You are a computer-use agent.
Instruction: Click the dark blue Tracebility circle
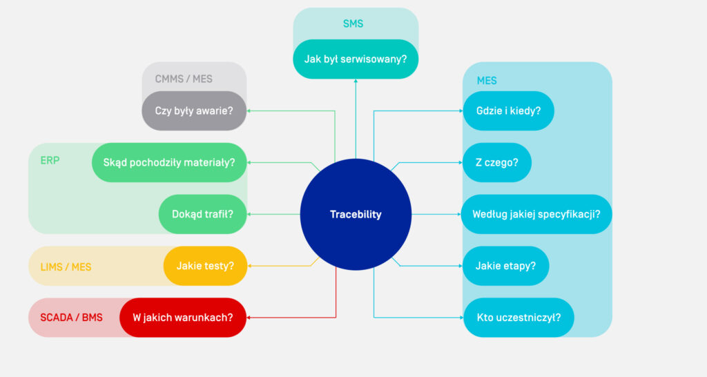click(356, 214)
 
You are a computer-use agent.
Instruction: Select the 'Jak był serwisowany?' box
click(356, 59)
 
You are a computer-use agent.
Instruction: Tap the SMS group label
click(353, 24)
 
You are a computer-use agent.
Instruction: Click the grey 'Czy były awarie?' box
click(194, 110)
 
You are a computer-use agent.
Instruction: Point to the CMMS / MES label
click(184, 79)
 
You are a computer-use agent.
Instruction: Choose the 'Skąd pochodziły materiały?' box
click(169, 162)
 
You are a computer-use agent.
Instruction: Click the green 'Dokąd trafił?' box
click(203, 214)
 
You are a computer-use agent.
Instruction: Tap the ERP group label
click(50, 160)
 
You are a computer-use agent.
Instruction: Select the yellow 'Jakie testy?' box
click(205, 266)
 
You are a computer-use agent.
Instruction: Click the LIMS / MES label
click(66, 267)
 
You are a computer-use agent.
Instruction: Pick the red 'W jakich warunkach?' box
click(183, 318)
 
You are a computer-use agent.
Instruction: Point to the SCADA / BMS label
click(71, 318)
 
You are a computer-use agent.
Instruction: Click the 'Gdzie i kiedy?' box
click(508, 110)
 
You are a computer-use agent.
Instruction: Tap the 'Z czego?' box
click(497, 162)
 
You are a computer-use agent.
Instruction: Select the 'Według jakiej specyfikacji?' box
click(536, 214)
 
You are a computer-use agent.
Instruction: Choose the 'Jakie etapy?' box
click(505, 266)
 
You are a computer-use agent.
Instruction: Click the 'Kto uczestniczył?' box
click(519, 318)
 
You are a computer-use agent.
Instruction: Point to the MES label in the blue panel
click(487, 81)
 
